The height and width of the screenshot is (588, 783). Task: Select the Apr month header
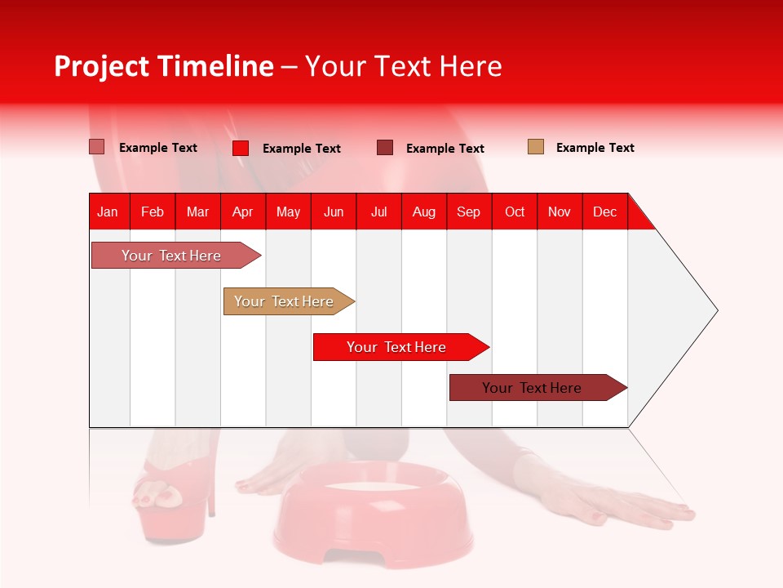[243, 212]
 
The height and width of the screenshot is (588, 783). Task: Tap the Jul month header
[379, 212]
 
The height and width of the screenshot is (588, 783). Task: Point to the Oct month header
[515, 212]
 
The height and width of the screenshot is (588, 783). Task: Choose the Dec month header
[605, 212]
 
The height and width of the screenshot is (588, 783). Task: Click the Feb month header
[153, 212]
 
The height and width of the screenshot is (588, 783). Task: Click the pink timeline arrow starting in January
[176, 255]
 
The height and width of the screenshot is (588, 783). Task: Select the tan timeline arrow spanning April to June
[289, 301]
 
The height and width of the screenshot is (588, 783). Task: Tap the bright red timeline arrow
[401, 346]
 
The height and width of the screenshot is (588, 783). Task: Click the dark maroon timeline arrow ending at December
[538, 387]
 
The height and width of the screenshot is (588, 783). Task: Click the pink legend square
[97, 147]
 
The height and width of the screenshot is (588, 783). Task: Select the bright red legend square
[241, 148]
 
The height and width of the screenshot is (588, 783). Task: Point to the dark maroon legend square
[385, 148]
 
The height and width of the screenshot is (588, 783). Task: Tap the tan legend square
[536, 146]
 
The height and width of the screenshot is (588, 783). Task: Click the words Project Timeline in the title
[164, 66]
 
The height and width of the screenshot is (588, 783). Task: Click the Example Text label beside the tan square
[595, 148]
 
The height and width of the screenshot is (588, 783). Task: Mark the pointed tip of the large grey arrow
[718, 310]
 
